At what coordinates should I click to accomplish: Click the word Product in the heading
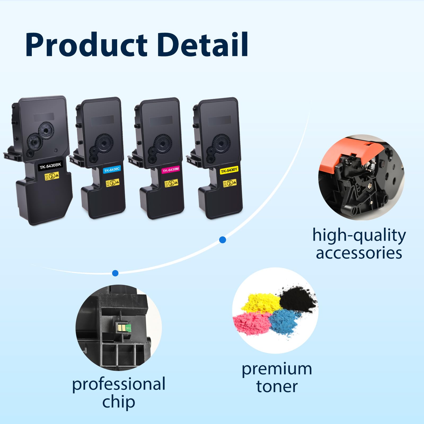(x=86, y=45)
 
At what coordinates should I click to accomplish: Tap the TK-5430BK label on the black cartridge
(x=50, y=166)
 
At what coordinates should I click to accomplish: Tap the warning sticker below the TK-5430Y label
(x=230, y=183)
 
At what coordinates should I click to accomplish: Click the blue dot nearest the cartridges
(x=223, y=240)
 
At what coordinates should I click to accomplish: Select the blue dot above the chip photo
(x=115, y=273)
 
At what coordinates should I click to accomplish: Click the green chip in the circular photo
(x=125, y=328)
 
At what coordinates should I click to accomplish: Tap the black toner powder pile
(x=297, y=298)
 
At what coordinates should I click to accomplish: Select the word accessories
(x=359, y=253)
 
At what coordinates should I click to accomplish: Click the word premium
(x=277, y=369)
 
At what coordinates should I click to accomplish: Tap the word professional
(x=119, y=384)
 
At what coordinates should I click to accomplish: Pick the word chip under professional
(x=119, y=402)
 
